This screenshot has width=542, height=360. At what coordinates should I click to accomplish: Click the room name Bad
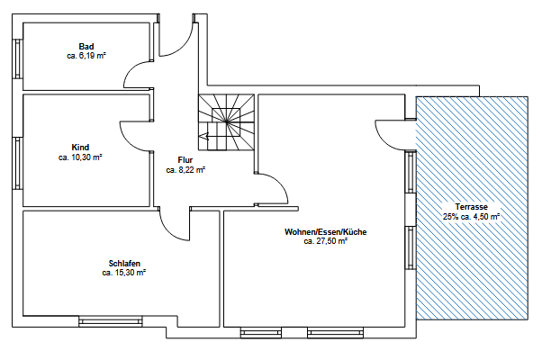pyautogui.click(x=86, y=46)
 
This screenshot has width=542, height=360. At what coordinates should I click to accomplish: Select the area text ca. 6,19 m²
pyautogui.click(x=86, y=56)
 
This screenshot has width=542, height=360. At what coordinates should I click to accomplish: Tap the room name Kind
pyautogui.click(x=80, y=147)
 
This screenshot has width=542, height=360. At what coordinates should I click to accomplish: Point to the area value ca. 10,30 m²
pyautogui.click(x=80, y=157)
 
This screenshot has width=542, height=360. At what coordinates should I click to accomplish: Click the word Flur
pyautogui.click(x=185, y=159)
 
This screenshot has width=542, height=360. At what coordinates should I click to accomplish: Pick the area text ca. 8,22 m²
pyautogui.click(x=185, y=169)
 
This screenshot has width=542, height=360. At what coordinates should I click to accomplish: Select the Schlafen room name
pyautogui.click(x=123, y=263)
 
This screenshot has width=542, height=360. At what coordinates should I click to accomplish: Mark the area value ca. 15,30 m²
pyautogui.click(x=124, y=273)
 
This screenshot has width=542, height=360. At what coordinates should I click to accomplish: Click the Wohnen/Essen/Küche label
pyautogui.click(x=325, y=232)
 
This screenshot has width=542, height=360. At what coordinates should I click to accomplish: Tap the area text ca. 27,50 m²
pyautogui.click(x=325, y=242)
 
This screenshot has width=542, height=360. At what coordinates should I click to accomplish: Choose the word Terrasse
pyautogui.click(x=472, y=206)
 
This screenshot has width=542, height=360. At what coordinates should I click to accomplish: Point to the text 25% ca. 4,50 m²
pyautogui.click(x=472, y=216)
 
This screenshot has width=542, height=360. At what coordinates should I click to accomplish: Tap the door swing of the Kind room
pyautogui.click(x=133, y=136)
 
